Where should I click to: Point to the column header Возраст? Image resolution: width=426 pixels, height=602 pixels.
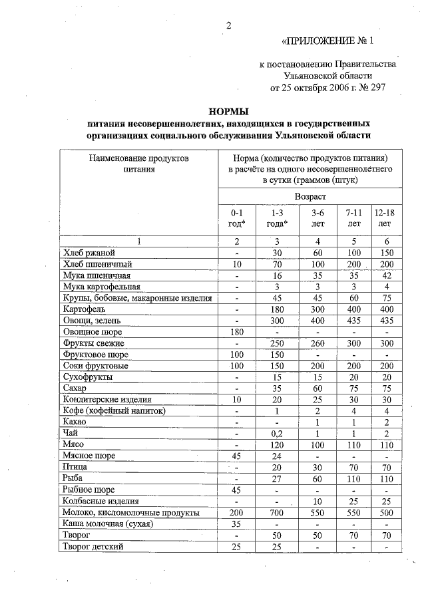point(310,196)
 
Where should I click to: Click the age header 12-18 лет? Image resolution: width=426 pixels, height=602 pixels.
point(384,218)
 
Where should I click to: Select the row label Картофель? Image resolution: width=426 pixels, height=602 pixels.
point(84,309)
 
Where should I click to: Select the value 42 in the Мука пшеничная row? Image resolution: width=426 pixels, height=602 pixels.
point(384,275)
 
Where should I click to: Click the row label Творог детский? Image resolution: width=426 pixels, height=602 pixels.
point(93,546)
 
